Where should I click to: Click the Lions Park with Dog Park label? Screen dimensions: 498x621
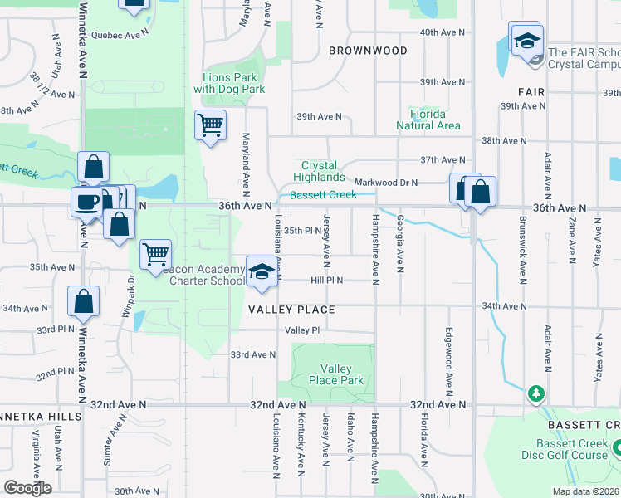229,83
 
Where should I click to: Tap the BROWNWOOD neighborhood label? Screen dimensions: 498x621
368,51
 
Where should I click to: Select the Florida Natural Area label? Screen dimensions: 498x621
428,120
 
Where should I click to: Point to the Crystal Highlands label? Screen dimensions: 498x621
323,171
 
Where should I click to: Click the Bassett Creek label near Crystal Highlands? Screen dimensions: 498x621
323,194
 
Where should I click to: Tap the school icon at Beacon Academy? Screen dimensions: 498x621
262,272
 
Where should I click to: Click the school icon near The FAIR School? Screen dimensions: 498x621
527,40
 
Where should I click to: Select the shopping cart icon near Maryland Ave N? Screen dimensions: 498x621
210,125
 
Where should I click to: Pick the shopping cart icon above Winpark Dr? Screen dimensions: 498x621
155,254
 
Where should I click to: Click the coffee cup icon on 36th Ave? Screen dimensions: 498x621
86,202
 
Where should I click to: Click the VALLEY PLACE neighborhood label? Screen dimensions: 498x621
291,310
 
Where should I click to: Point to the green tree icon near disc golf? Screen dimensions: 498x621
535,392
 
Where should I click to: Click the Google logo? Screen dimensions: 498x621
27,488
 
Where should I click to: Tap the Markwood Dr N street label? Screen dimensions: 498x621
385,182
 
